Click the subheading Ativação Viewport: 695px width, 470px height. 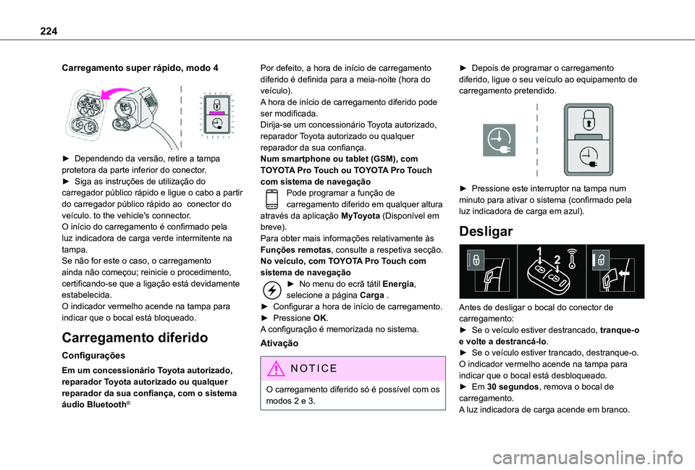click(x=279, y=346)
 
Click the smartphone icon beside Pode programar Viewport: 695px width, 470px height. click(x=270, y=198)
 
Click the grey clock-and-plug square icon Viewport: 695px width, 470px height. click(x=499, y=140)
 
